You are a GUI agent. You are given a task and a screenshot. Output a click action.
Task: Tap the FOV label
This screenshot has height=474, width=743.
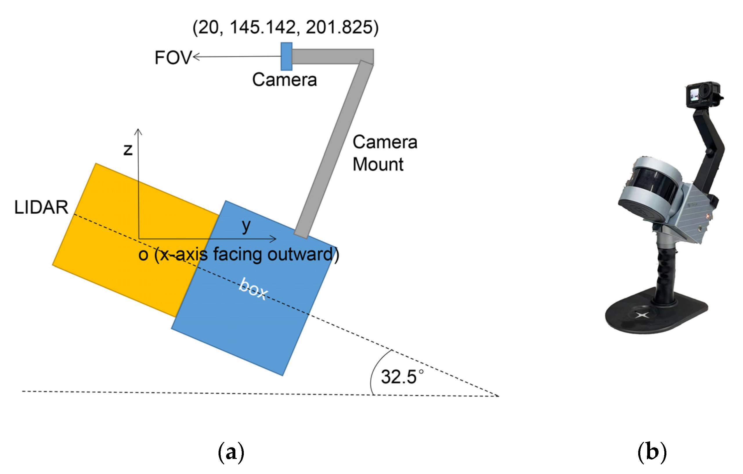point(173,57)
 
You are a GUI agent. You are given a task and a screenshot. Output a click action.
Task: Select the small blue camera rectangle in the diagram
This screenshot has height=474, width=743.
point(286,57)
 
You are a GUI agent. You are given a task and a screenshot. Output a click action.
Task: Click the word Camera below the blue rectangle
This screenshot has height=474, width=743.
point(284,80)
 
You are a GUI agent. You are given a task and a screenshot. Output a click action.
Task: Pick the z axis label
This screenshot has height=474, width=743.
point(128,150)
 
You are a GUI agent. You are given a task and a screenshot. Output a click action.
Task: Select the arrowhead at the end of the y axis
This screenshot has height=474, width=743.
point(273,239)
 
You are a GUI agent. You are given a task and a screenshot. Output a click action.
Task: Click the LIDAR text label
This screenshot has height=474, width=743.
point(41,207)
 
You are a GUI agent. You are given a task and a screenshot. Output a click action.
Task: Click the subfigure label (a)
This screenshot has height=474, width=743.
point(231,453)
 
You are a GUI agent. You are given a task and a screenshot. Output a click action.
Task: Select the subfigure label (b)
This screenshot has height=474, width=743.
point(652,453)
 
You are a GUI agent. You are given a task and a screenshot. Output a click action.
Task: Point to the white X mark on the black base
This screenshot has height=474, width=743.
point(642,315)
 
